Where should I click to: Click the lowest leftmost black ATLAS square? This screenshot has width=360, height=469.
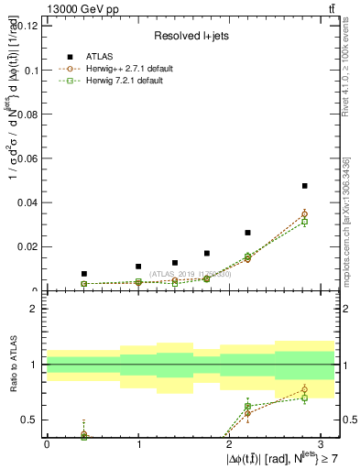tap(84, 274)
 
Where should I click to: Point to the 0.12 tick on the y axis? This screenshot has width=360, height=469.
tap(27, 26)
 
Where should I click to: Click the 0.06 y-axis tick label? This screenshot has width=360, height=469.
tap(27, 158)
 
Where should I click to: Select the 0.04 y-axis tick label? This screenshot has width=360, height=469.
tap(27, 202)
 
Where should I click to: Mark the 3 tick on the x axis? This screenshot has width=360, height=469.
tap(322, 444)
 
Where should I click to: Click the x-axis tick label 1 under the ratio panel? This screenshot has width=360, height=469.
tap(138, 444)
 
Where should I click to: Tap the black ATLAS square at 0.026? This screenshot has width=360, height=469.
tap(247, 233)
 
